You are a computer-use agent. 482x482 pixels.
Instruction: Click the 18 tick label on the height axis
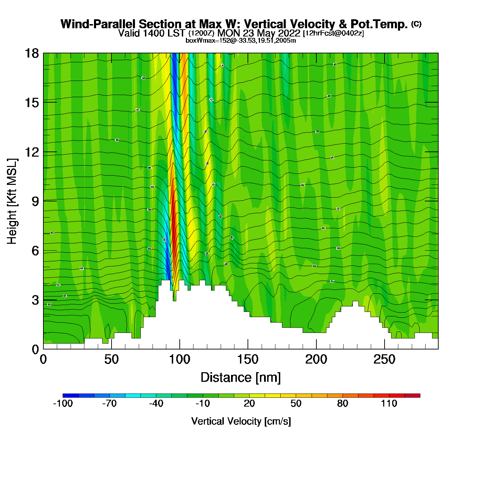pos(31,53)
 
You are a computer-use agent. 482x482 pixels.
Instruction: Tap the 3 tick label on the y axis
pos(35,300)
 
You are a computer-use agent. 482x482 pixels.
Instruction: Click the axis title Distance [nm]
pos(241,378)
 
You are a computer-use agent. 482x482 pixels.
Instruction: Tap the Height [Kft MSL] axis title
pos(12,201)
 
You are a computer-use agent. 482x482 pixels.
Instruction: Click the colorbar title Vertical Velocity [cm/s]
pos(241,421)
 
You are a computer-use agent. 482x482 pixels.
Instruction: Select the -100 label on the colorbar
pos(63,404)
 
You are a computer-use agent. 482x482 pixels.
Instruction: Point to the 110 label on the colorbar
pos(389,404)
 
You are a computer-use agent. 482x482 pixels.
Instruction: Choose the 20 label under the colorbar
pos(249,404)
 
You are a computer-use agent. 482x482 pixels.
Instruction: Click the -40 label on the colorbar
pos(156,404)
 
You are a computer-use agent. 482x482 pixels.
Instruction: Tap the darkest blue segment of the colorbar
pos(71,396)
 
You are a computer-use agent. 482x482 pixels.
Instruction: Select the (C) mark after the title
pos(416,24)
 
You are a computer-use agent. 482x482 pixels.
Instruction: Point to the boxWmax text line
pos(241,40)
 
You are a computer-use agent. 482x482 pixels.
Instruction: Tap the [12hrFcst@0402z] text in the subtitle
pos(333,33)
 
